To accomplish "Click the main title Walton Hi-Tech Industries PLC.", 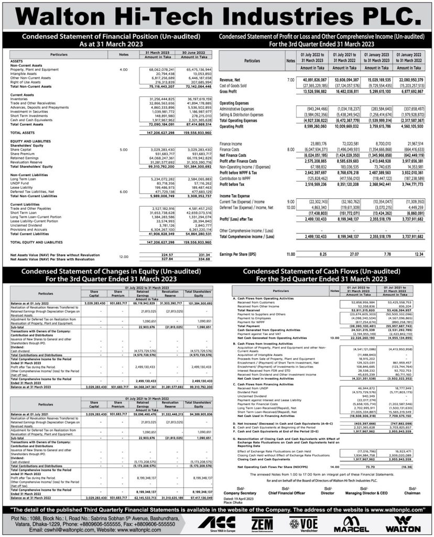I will (x=216, y=15).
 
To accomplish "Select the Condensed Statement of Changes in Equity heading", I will (x=109, y=274).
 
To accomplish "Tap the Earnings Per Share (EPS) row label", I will (x=242, y=253).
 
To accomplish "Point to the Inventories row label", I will (x=20, y=99).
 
